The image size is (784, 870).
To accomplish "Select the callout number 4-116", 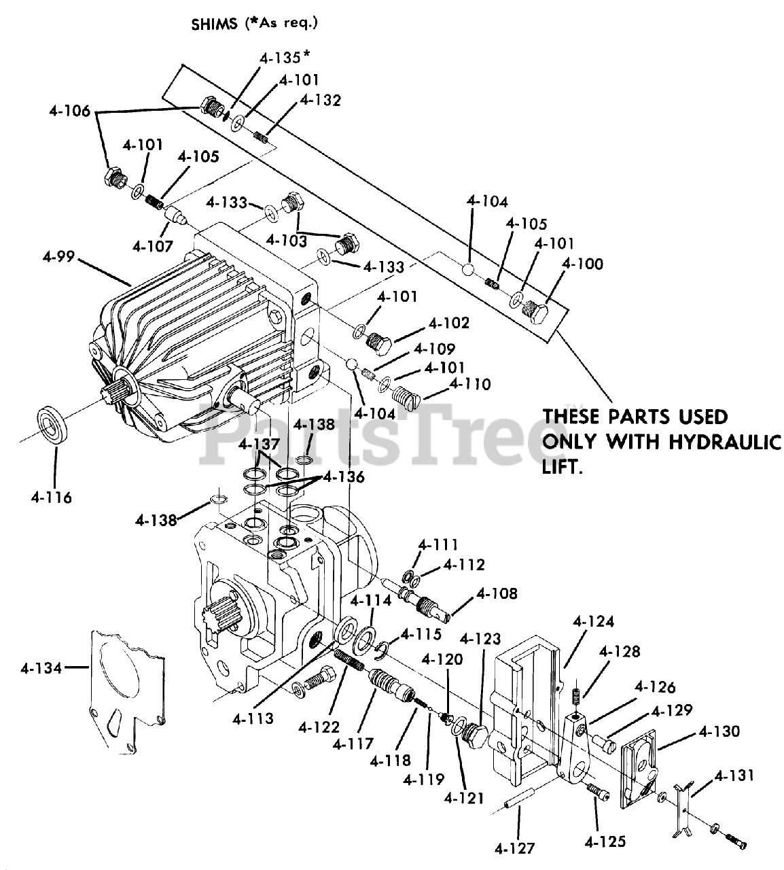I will tap(51, 498).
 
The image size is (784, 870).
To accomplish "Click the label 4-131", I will tap(734, 776).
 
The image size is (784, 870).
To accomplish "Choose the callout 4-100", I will tap(582, 264).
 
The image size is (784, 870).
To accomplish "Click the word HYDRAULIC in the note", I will tap(723, 442).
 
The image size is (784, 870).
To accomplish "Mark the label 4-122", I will tap(318, 727).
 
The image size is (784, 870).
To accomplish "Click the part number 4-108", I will tap(497, 593).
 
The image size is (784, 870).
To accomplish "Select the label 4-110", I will tap(469, 385).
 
